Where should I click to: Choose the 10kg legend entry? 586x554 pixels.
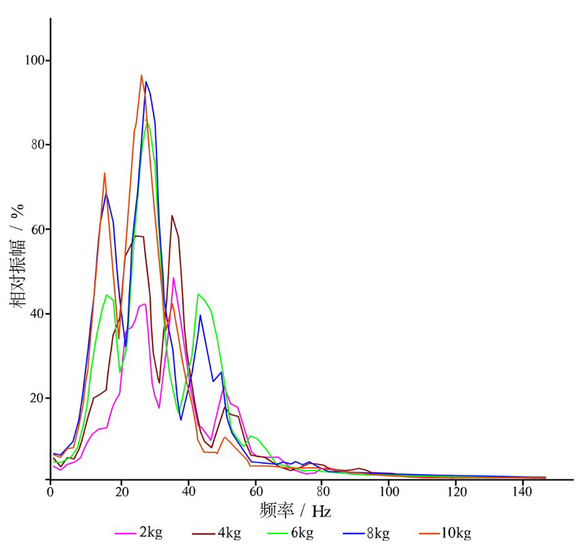457,533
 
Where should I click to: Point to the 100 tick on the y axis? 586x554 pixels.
33,60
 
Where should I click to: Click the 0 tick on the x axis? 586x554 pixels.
51,491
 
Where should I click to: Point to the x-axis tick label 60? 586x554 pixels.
255,491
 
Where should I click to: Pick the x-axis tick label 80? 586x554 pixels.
322,491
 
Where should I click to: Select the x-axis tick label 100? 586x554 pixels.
389,491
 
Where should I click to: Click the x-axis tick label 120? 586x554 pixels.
457,491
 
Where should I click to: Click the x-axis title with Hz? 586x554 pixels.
296,510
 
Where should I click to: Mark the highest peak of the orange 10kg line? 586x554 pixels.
141,75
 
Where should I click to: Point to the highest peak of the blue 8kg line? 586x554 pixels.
146,82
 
